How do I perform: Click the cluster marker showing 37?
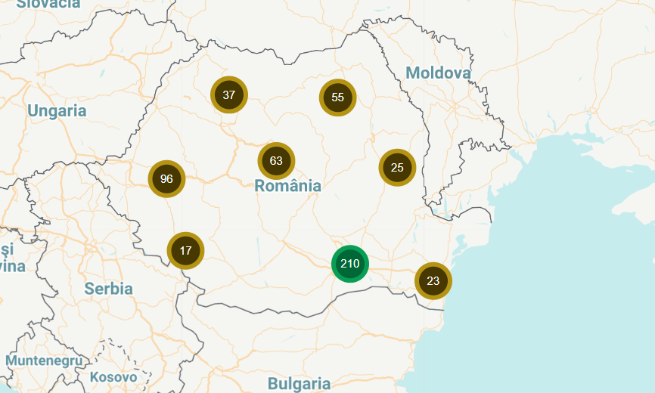(x=229, y=95)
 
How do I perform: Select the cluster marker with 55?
(x=337, y=97)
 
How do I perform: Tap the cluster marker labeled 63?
(x=276, y=161)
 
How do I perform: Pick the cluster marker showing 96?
(x=166, y=179)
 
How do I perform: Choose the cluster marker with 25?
(x=397, y=168)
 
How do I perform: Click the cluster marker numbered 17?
(x=185, y=250)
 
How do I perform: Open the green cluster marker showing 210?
(x=349, y=264)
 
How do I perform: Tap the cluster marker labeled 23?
(x=433, y=281)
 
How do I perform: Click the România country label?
(x=287, y=186)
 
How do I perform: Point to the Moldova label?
(x=438, y=73)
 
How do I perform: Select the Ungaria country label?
(x=57, y=111)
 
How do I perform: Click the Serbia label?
(x=108, y=289)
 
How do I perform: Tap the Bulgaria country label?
(x=299, y=384)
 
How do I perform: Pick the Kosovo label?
(x=113, y=376)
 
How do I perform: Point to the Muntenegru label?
(x=44, y=361)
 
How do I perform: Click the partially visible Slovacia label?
(x=48, y=4)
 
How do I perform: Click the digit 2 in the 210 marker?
(x=343, y=264)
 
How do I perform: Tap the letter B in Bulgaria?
(x=272, y=384)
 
